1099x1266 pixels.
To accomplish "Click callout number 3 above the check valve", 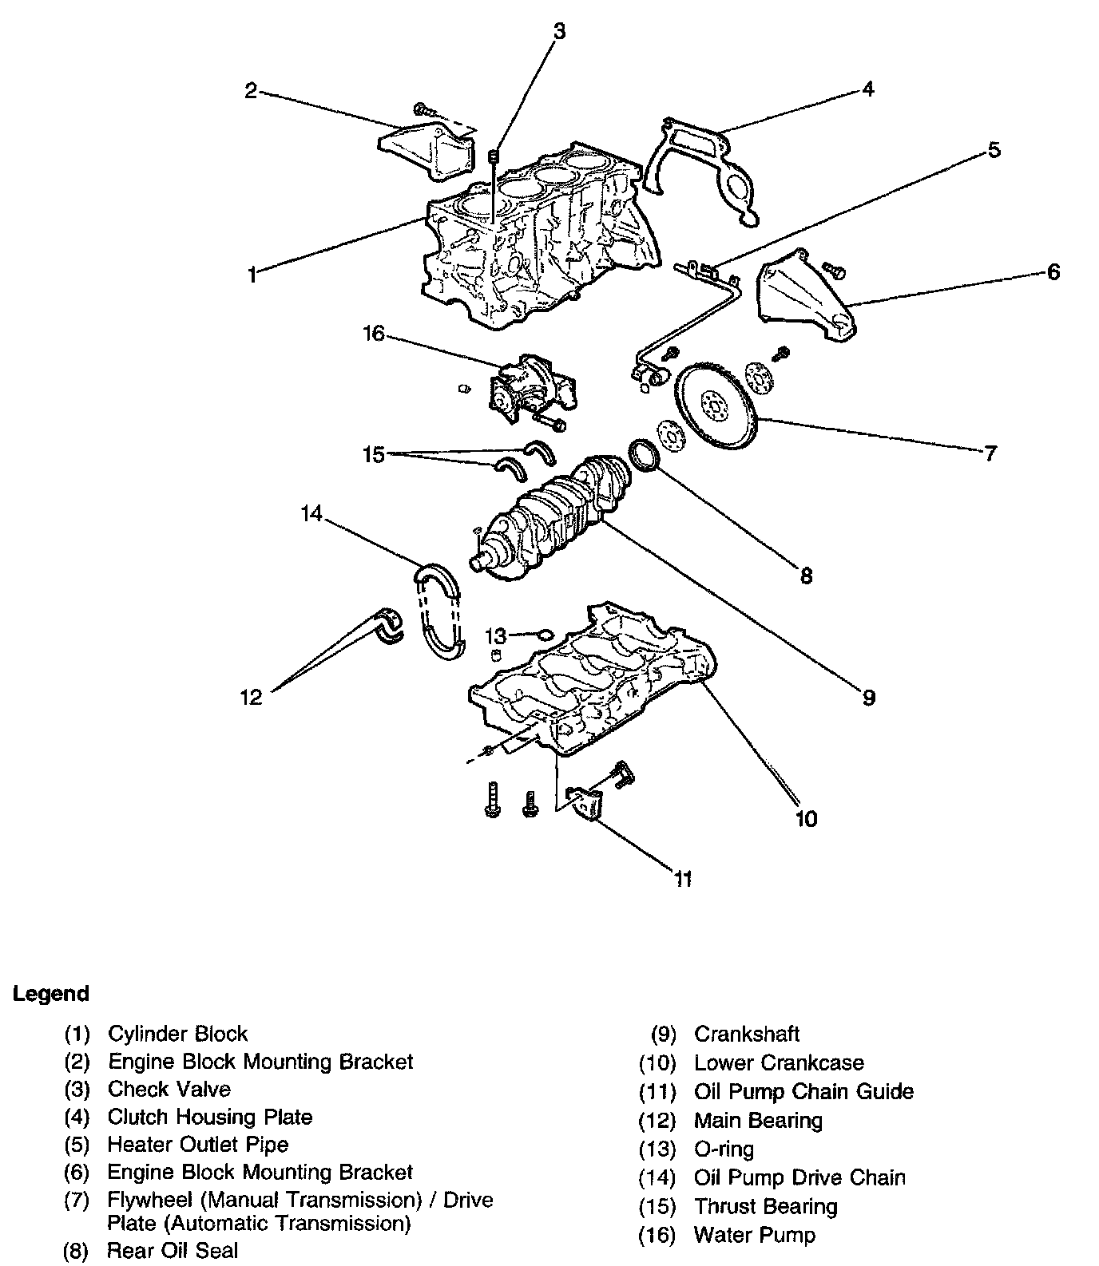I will click(x=559, y=30).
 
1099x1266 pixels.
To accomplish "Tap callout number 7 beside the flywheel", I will click(x=990, y=453).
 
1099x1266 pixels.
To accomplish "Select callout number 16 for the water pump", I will click(x=375, y=334).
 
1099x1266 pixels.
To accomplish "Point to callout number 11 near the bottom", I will click(x=682, y=879).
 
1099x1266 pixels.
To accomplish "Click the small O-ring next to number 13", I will click(x=542, y=635).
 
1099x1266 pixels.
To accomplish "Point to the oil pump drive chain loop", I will click(x=438, y=611).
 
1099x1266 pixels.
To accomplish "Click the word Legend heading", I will click(x=51, y=994).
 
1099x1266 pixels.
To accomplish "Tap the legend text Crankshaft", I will click(x=747, y=1035).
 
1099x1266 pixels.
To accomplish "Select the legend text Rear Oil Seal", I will click(x=173, y=1250).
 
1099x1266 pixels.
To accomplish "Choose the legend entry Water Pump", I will click(x=755, y=1236).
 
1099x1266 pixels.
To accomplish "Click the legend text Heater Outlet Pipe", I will click(x=198, y=1144).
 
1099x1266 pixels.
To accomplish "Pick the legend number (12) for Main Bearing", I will click(x=657, y=1121).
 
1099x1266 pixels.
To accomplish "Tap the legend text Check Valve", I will click(x=169, y=1089).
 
